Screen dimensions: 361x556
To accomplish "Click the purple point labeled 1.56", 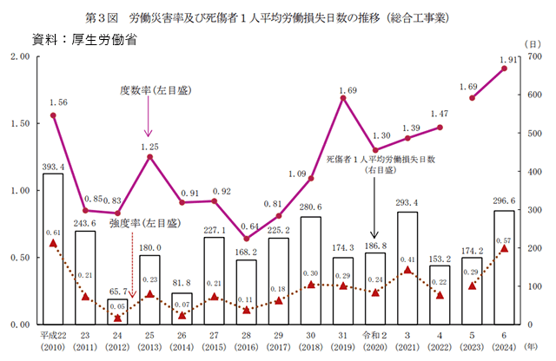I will pos(53,115).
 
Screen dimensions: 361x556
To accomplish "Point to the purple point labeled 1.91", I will pos(504,68).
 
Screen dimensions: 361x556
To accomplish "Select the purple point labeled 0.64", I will pos(247,239).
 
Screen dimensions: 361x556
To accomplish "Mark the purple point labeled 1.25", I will pos(149,156).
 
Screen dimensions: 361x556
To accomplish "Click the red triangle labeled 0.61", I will pos(53,244).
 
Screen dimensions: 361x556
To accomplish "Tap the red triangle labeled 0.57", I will pos(504,249).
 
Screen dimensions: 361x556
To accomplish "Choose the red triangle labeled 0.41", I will pos(407,270).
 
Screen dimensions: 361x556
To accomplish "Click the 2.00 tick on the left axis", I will pos(19,56).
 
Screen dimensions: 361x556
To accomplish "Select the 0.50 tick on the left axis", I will pos(19,258).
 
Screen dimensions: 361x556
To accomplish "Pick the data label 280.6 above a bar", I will pos(311,207).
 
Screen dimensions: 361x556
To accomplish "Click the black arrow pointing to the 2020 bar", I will pos(375,213).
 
